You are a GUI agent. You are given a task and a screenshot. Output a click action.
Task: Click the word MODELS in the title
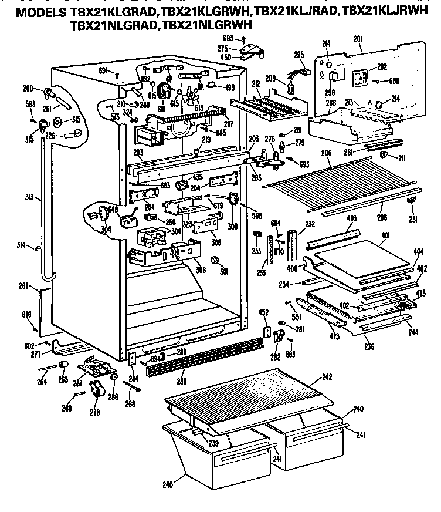[x=36, y=14]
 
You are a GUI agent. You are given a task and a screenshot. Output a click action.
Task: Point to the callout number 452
[x=265, y=312]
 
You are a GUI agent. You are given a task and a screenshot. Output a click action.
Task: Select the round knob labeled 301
[x=215, y=260]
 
